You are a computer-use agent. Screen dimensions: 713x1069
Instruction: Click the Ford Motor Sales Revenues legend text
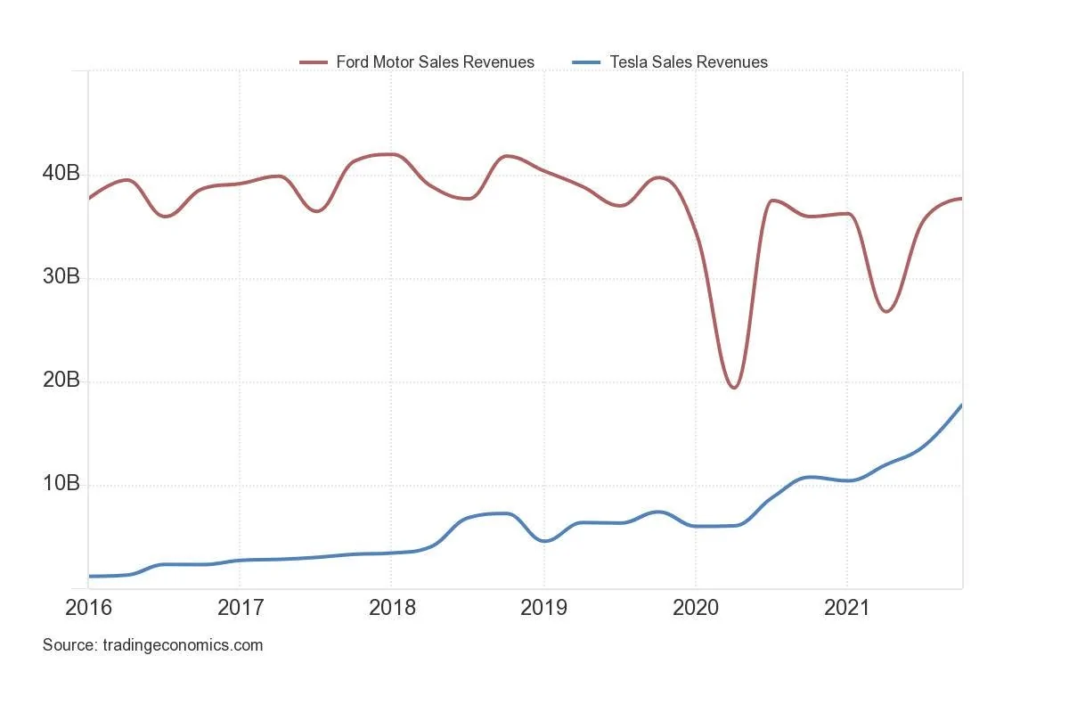[x=435, y=62]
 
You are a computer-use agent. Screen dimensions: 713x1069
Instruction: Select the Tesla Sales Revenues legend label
[x=688, y=62]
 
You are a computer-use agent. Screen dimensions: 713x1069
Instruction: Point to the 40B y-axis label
[x=61, y=174]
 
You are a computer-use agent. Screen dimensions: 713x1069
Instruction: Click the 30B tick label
[x=61, y=277]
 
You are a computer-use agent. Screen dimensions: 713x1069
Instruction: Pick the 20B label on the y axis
[x=61, y=381]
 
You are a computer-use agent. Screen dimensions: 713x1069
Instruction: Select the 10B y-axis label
[x=61, y=484]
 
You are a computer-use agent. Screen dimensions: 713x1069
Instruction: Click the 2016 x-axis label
[x=88, y=608]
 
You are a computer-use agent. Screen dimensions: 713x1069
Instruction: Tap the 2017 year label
[x=240, y=608]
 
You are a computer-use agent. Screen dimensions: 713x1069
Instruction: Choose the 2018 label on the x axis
[x=392, y=608]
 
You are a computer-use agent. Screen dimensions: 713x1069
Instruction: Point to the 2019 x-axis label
[x=543, y=608]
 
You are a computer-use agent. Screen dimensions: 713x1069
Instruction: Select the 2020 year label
[x=695, y=608]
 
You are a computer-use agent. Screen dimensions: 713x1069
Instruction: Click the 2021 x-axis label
[x=847, y=608]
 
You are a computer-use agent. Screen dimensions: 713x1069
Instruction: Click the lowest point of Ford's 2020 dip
[x=733, y=388]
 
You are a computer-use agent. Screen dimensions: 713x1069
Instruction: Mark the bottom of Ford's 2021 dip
[x=886, y=311]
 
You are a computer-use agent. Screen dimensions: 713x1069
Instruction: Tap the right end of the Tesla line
[x=961, y=406]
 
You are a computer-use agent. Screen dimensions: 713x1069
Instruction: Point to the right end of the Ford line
[x=961, y=199]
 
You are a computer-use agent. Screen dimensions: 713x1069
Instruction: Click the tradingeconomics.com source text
[x=152, y=645]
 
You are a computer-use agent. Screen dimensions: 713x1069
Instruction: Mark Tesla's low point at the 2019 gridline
[x=545, y=541]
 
